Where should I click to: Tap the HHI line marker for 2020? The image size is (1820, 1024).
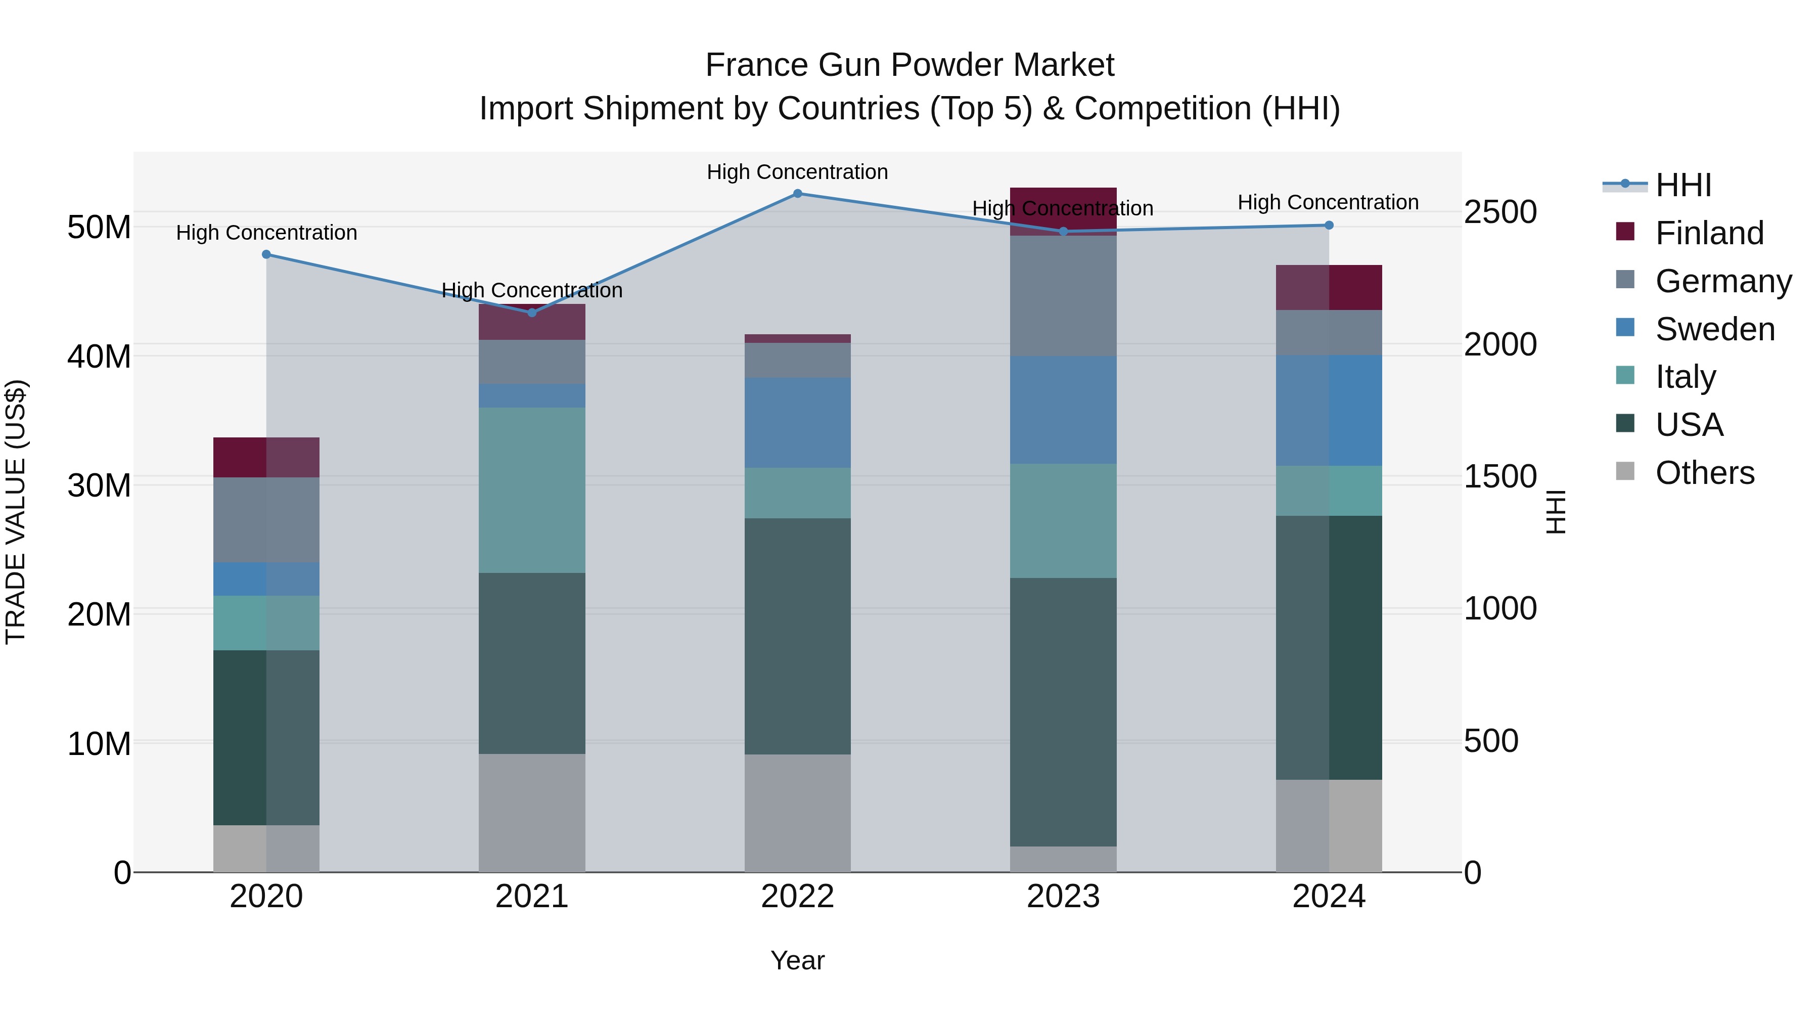266,254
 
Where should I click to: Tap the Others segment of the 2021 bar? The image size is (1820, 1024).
531,812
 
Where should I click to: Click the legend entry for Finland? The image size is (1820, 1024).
1709,233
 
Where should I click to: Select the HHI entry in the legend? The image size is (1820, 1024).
1683,185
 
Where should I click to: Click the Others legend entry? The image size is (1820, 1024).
1704,473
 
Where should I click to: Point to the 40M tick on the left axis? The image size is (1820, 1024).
99,356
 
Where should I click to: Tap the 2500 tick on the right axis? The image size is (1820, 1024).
1499,212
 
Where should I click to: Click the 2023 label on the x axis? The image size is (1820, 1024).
1063,897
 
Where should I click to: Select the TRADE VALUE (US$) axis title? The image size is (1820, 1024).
16,512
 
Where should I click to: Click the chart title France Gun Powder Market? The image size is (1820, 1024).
909,65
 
